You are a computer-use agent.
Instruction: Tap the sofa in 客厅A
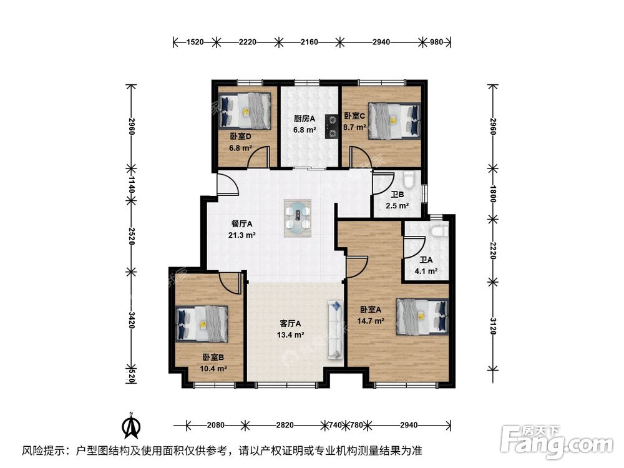click(x=336, y=329)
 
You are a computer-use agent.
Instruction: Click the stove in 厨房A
click(x=331, y=124)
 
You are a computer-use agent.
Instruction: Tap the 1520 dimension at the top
click(x=195, y=42)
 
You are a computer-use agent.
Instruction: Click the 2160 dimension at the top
click(x=310, y=42)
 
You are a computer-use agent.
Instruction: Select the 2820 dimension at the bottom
click(x=285, y=425)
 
